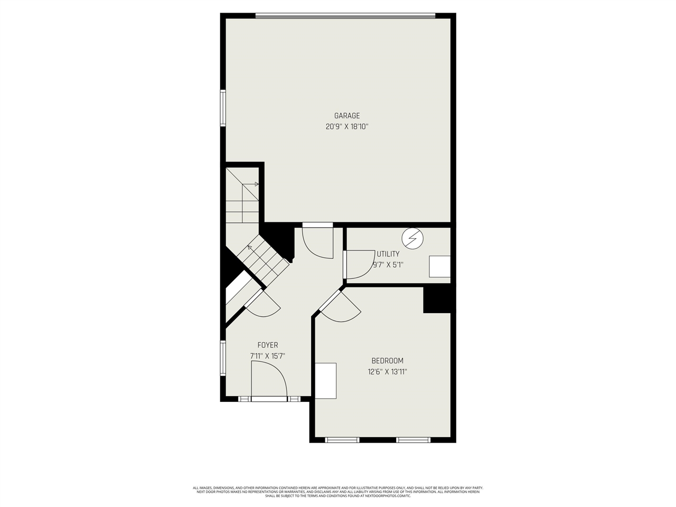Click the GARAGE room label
coord(346,116)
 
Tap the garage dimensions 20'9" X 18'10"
coord(346,127)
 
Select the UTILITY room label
coord(388,254)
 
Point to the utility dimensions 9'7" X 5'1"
coord(388,265)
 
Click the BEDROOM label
coord(387,361)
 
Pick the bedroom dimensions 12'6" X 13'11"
coord(387,372)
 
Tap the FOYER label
coord(268,345)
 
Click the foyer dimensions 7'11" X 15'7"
coord(268,356)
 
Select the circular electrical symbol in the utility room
coord(413,238)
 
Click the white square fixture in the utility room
coord(439,266)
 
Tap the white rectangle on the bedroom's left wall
coord(326,381)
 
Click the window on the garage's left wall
coord(223,108)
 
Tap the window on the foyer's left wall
coord(223,358)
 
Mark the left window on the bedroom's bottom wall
coord(342,439)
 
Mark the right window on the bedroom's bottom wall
coord(413,439)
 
